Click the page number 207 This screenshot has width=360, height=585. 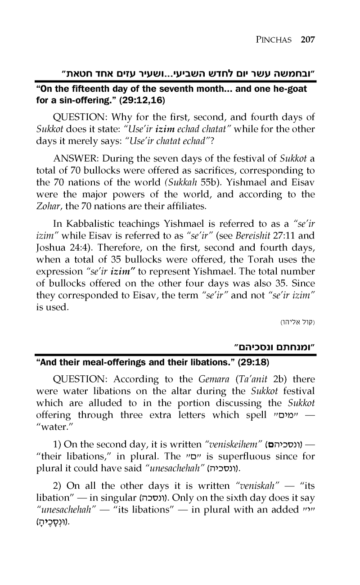click(x=307, y=39)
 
